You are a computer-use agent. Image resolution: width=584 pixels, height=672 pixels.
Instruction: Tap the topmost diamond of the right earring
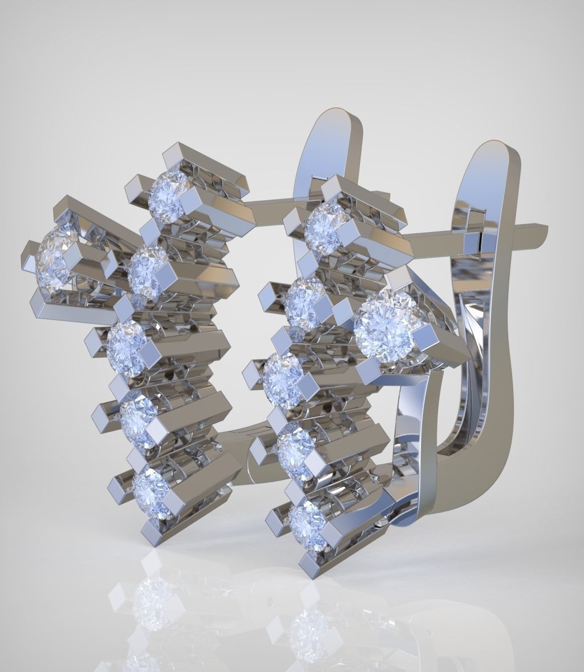(325, 225)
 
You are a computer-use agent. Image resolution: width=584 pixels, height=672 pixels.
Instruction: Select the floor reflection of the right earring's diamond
(308, 633)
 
